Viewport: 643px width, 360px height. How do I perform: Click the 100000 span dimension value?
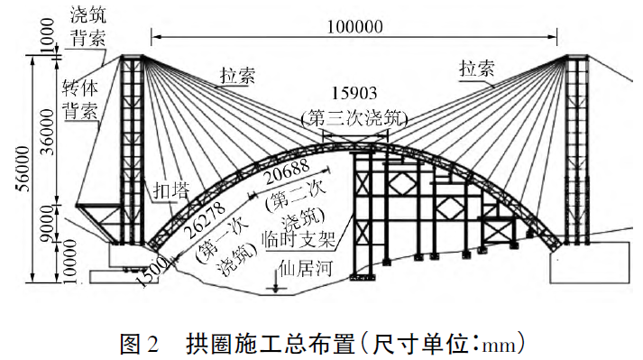point(354,27)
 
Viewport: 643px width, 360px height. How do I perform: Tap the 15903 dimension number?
point(354,94)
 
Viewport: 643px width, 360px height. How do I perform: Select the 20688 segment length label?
point(287,172)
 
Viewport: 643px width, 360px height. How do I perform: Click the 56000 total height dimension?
point(23,169)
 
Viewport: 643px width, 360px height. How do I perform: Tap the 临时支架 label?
point(299,239)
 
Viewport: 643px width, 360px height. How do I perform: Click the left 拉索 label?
point(237,76)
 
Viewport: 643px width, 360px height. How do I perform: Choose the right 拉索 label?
point(477,69)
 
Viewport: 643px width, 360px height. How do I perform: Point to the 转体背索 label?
point(80,100)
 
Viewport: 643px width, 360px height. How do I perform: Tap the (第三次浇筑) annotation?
point(354,118)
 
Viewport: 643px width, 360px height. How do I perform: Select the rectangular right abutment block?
point(590,263)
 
